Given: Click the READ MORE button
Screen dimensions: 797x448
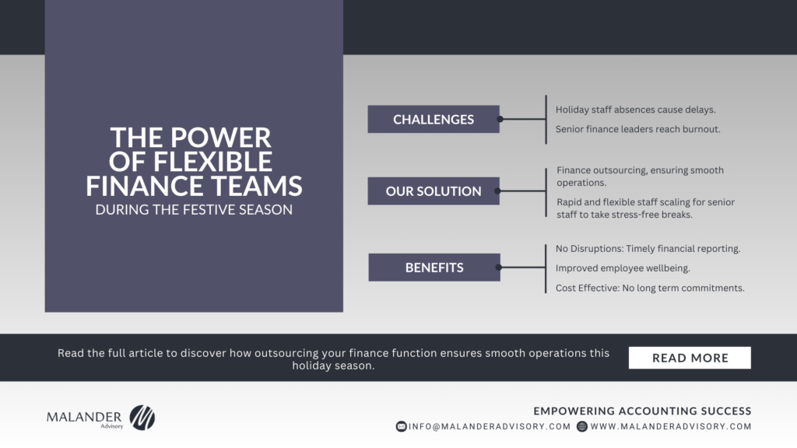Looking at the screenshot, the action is tap(690, 358).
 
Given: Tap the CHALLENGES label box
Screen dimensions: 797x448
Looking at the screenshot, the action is tap(434, 119).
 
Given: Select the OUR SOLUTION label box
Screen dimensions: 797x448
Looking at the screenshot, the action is tap(434, 191).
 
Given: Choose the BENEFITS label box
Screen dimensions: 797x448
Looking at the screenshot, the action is tap(434, 268).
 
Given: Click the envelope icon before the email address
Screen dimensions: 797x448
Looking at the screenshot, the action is tap(401, 427).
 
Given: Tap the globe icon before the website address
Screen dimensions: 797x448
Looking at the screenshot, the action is tap(582, 427).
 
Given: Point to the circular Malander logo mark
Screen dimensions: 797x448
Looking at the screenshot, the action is tap(142, 418).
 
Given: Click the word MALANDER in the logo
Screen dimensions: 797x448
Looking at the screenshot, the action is tap(84, 417).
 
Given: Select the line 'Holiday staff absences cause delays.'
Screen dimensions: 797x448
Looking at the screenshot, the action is tap(635, 110).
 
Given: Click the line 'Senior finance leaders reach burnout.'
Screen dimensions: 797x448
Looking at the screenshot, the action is tap(638, 129).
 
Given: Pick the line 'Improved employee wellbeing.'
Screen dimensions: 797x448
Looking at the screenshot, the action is tap(623, 268).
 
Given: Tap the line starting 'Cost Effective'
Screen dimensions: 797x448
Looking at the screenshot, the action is tap(650, 288).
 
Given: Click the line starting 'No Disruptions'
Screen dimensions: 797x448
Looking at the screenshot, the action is tap(648, 248).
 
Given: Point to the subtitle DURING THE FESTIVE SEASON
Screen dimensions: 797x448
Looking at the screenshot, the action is tap(194, 210).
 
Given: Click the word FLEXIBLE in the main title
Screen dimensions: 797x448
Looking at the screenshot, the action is tap(212, 162).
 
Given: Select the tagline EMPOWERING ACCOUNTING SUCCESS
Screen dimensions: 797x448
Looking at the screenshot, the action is tap(642, 411).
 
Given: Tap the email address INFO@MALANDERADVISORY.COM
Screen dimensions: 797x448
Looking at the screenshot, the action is tap(490, 427).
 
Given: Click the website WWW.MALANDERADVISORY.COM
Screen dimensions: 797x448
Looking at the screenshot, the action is tap(671, 427).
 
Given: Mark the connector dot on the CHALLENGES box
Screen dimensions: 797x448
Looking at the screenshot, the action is tap(500, 119).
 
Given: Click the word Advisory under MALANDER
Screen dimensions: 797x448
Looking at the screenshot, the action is tap(112, 427).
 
